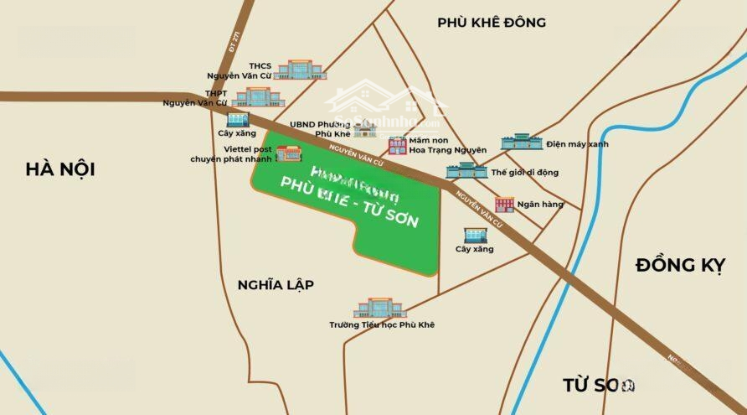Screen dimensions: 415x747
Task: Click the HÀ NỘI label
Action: [59, 169]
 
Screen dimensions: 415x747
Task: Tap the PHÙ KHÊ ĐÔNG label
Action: [491, 23]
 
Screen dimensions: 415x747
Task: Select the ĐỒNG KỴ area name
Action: [679, 265]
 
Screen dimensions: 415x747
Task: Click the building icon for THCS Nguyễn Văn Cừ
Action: [293, 70]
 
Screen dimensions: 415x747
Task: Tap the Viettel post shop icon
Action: [289, 153]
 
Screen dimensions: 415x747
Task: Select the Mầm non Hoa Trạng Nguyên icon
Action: [397, 146]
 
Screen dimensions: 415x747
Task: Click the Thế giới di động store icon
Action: [466, 170]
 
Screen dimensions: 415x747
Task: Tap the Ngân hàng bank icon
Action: [504, 204]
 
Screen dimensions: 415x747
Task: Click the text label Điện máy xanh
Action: [577, 144]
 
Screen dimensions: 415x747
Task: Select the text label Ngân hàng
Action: [540, 204]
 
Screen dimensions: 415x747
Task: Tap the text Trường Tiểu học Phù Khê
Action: [382, 324]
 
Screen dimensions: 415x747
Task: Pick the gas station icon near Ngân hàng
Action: [473, 235]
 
